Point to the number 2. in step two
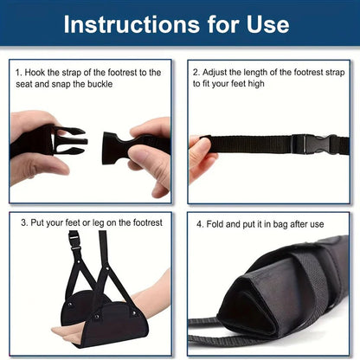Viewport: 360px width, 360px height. [196, 73]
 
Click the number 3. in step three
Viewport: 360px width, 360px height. [24, 223]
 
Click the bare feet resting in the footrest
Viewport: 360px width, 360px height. [78, 329]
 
